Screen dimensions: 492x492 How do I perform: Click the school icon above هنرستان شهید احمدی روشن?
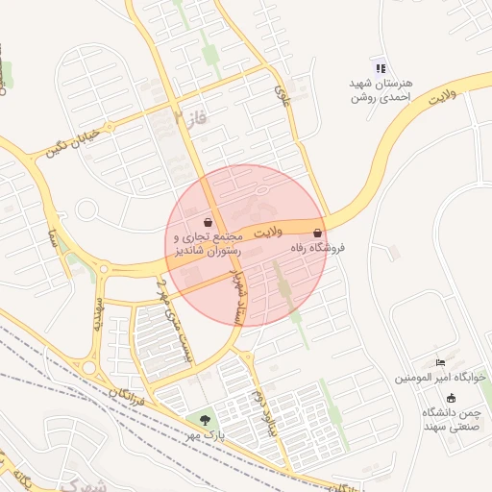pyautogui.click(x=381, y=68)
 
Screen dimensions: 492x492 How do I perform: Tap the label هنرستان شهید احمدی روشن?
pyautogui.click(x=381, y=90)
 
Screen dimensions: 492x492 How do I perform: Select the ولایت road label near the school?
pyautogui.click(x=440, y=96)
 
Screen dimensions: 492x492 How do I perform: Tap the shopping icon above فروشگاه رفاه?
pyautogui.click(x=318, y=233)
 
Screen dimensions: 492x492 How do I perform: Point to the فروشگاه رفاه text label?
pyautogui.click(x=316, y=248)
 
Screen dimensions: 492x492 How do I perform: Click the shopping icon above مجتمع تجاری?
pyautogui.click(x=209, y=222)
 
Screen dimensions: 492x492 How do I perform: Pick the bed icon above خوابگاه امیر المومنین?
pyautogui.click(x=440, y=362)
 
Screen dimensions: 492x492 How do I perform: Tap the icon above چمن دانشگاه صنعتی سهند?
pyautogui.click(x=451, y=398)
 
